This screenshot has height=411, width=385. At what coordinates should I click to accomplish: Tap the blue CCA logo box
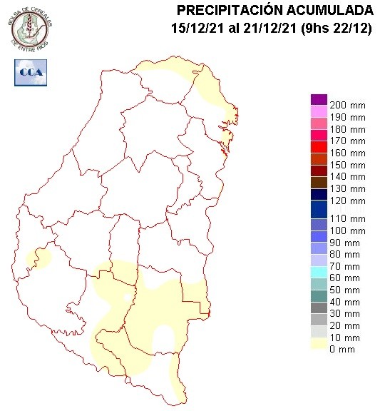[29, 72]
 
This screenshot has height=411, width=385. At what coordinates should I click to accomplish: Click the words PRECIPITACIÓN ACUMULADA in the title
[274, 10]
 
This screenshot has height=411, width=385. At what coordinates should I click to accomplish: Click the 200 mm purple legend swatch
[319, 99]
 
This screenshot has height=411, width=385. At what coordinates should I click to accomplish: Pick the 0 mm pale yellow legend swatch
[319, 349]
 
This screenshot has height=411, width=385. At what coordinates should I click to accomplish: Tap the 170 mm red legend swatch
[319, 141]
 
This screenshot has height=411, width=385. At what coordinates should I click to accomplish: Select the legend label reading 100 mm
[349, 230]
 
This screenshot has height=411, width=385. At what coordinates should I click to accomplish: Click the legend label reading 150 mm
[349, 165]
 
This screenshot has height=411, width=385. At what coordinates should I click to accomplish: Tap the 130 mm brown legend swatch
[319, 183]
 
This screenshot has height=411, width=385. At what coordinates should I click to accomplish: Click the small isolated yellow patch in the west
[38, 258]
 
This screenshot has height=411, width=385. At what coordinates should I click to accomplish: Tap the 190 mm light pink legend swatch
[319, 111]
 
